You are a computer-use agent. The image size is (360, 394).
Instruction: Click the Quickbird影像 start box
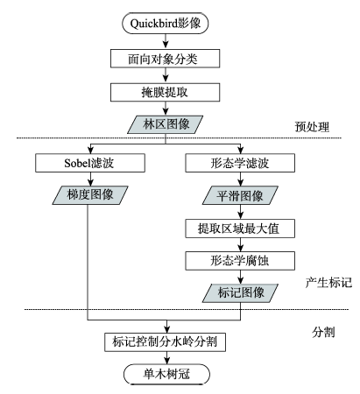[x=165, y=24]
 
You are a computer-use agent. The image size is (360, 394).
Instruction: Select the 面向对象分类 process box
[x=165, y=59]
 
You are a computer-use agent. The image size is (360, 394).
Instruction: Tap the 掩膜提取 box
[x=165, y=92]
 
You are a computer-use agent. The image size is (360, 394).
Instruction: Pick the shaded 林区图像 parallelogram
[x=165, y=124]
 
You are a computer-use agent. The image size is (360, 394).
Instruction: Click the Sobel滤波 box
[x=90, y=163]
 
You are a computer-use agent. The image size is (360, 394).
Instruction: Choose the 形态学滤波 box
[x=240, y=163]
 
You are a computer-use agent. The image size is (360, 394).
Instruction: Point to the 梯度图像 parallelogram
[x=90, y=195]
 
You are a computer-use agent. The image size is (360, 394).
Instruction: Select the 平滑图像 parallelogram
[x=240, y=195]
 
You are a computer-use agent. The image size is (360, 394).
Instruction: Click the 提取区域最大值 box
[x=240, y=229]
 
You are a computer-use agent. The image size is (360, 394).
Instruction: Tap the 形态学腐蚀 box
[x=240, y=261]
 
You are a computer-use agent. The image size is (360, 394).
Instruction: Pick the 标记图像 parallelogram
[x=240, y=292]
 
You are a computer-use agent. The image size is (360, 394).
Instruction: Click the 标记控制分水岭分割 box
[x=166, y=342]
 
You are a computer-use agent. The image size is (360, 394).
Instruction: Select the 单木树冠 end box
[x=166, y=374]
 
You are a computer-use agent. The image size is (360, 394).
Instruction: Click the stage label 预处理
[x=312, y=127]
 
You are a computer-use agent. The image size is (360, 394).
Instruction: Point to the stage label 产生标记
[x=328, y=283]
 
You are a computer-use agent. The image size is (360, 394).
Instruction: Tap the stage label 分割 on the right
[x=323, y=332]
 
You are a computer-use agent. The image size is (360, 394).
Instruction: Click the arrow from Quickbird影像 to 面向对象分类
[x=166, y=41]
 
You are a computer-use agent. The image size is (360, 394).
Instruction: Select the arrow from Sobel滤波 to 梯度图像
[x=90, y=179]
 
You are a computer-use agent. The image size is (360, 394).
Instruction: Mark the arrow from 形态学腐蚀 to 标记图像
[x=240, y=277]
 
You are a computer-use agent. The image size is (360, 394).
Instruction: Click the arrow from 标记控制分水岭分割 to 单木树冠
[x=166, y=357]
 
